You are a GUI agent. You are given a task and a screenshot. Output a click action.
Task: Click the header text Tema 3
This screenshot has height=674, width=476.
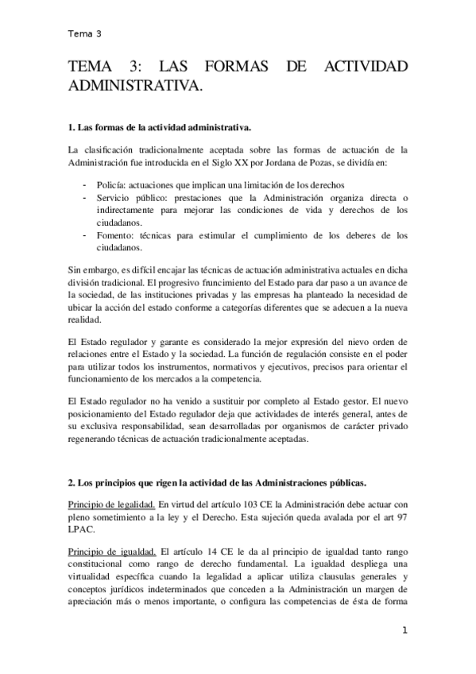click(85, 33)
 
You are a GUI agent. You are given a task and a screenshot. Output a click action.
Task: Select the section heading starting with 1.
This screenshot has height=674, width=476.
click(161, 127)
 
